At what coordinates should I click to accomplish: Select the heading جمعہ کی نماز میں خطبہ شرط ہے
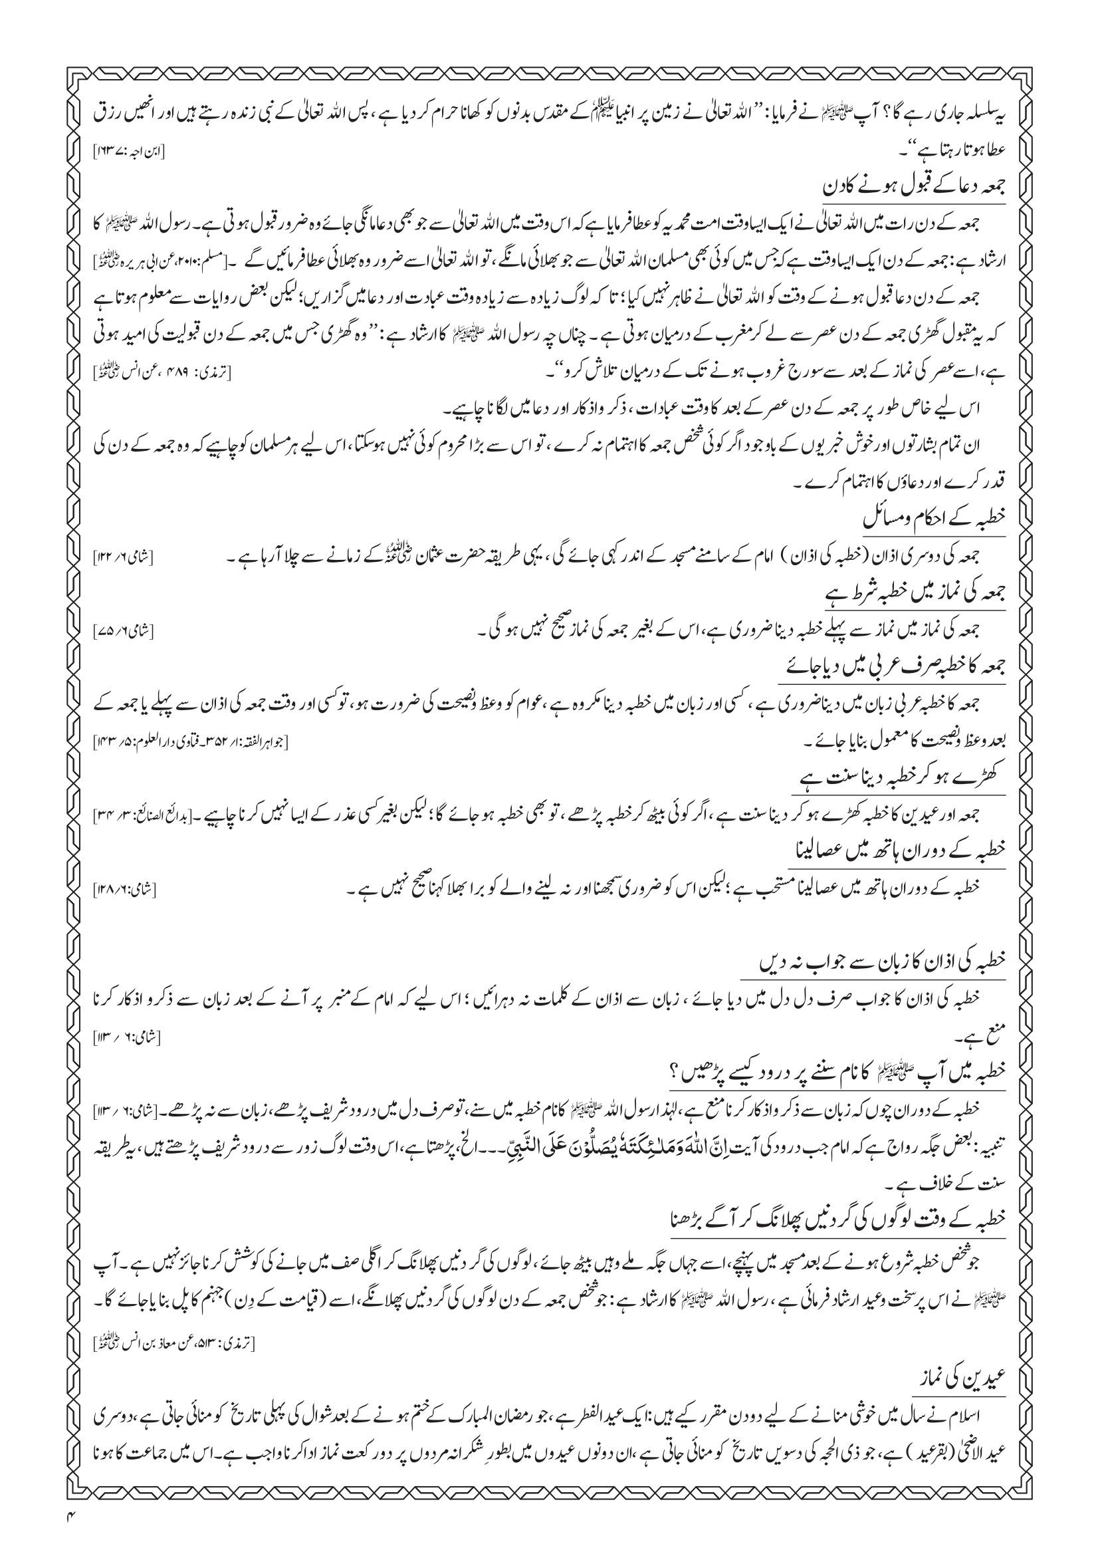coord(911,595)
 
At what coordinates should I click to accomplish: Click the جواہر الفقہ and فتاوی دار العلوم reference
coord(190,743)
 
